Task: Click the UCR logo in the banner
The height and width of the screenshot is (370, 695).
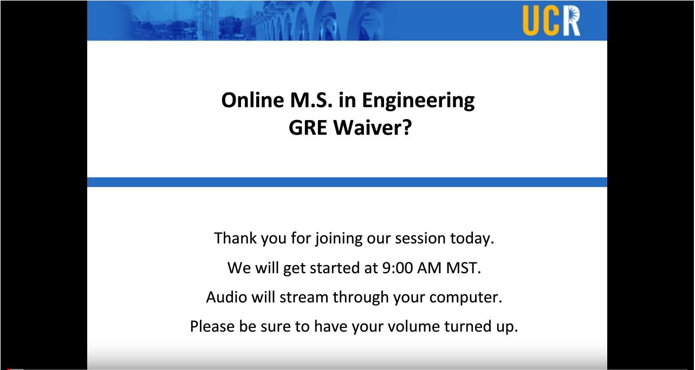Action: click(x=551, y=21)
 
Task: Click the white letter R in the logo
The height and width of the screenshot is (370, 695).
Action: click(x=571, y=21)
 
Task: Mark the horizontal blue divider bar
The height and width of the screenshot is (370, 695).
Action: click(x=347, y=182)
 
